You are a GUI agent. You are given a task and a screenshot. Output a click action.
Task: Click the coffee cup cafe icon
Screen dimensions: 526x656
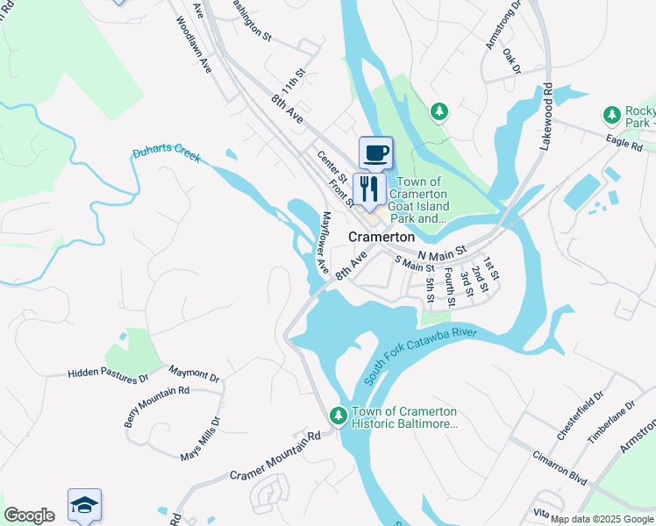point(375,153)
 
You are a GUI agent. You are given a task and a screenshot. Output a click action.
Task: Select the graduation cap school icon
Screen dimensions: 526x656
point(84,506)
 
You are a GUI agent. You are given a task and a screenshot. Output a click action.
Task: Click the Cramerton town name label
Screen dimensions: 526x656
point(381,237)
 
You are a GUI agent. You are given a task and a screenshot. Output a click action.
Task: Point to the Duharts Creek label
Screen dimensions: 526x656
point(167,155)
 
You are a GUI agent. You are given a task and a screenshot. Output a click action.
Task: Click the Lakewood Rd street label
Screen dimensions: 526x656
point(545,116)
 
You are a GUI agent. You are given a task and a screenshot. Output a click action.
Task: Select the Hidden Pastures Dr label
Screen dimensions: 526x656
point(108,374)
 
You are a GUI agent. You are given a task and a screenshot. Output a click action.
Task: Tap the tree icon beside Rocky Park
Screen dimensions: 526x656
point(612,115)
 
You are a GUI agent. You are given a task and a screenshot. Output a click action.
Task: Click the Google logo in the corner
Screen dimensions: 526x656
point(29,515)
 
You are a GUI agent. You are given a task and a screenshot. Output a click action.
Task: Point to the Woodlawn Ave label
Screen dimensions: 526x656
point(194,44)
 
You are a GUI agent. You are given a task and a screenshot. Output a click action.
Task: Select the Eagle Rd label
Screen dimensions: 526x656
point(624,144)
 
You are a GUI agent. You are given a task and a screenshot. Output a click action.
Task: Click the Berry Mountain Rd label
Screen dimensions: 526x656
point(157,407)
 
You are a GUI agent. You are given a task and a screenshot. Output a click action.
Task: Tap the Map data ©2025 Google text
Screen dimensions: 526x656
point(602,519)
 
